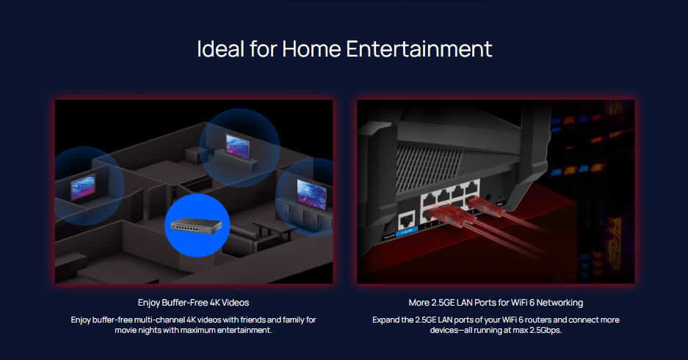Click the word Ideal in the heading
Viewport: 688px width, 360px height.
[221, 48]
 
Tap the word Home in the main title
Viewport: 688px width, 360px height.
[311, 48]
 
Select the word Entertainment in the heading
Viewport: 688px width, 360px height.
[419, 48]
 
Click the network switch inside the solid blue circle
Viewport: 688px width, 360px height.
[196, 226]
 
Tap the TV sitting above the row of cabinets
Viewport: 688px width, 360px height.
[311, 194]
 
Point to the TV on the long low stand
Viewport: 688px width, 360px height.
[238, 146]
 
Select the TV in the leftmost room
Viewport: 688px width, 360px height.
[84, 187]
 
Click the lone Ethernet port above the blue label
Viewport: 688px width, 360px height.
[406, 220]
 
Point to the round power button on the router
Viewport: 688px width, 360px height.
[388, 228]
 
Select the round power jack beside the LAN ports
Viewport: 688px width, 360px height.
[487, 198]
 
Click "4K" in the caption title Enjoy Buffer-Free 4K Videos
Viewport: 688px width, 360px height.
[214, 303]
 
